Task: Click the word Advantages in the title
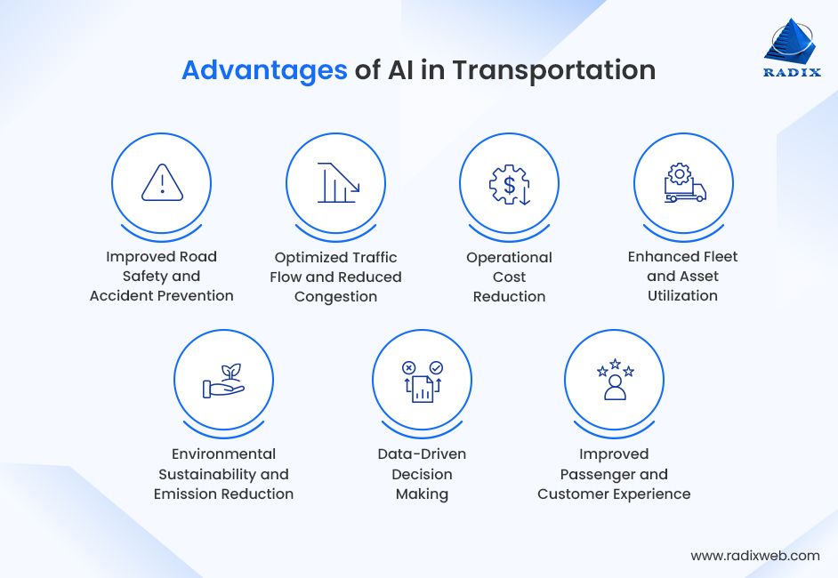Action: [x=264, y=70]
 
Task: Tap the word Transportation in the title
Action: [x=553, y=70]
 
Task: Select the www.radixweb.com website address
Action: [x=755, y=555]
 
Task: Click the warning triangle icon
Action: [x=161, y=183]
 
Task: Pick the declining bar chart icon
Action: [x=335, y=183]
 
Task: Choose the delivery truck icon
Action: [x=683, y=183]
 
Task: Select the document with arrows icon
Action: [x=422, y=381]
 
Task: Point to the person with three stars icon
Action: [x=615, y=380]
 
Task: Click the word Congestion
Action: [x=335, y=296]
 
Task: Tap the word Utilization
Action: [x=682, y=295]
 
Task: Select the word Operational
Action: [x=509, y=257]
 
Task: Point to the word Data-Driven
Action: [x=422, y=454]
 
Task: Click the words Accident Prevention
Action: [x=161, y=295]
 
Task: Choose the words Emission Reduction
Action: [x=223, y=494]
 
